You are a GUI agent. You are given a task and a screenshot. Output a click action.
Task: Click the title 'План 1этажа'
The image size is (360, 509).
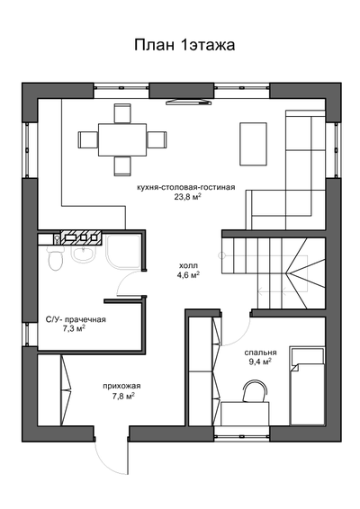[x=184, y=44]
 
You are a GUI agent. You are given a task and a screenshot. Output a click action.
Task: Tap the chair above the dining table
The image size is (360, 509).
[x=121, y=112]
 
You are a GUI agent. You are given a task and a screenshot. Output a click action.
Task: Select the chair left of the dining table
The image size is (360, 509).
[x=88, y=138]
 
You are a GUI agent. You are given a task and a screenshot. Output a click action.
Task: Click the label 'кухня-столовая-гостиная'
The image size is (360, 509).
[x=185, y=187]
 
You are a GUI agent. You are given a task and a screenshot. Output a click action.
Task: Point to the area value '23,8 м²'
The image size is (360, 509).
[x=185, y=198]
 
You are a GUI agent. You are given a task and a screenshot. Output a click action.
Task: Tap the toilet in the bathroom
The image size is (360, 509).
[x=54, y=260]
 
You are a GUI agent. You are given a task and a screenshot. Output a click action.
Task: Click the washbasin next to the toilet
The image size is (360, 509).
[x=82, y=256]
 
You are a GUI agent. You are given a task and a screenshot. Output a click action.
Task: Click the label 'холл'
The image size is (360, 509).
[x=188, y=265]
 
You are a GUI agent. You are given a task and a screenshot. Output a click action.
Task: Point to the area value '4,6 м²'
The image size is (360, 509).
[x=188, y=276]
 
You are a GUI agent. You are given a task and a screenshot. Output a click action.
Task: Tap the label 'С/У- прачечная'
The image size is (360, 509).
[x=76, y=319]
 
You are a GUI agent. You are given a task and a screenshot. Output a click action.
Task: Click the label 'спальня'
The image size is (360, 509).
[x=259, y=353]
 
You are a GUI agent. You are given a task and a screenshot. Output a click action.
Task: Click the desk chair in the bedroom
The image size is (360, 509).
[x=255, y=391]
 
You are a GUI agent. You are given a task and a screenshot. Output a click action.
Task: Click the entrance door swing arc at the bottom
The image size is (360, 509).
[x=115, y=457]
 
